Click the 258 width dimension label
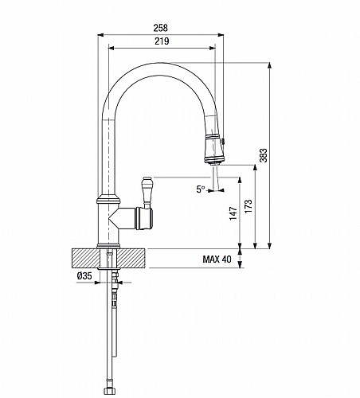point(161,28)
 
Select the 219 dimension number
point(162,41)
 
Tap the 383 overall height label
point(264,155)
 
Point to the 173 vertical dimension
point(248,206)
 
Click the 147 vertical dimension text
point(233,213)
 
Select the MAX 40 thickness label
point(217,259)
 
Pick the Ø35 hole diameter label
point(84,276)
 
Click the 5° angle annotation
point(201,189)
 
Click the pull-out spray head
point(213,149)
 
